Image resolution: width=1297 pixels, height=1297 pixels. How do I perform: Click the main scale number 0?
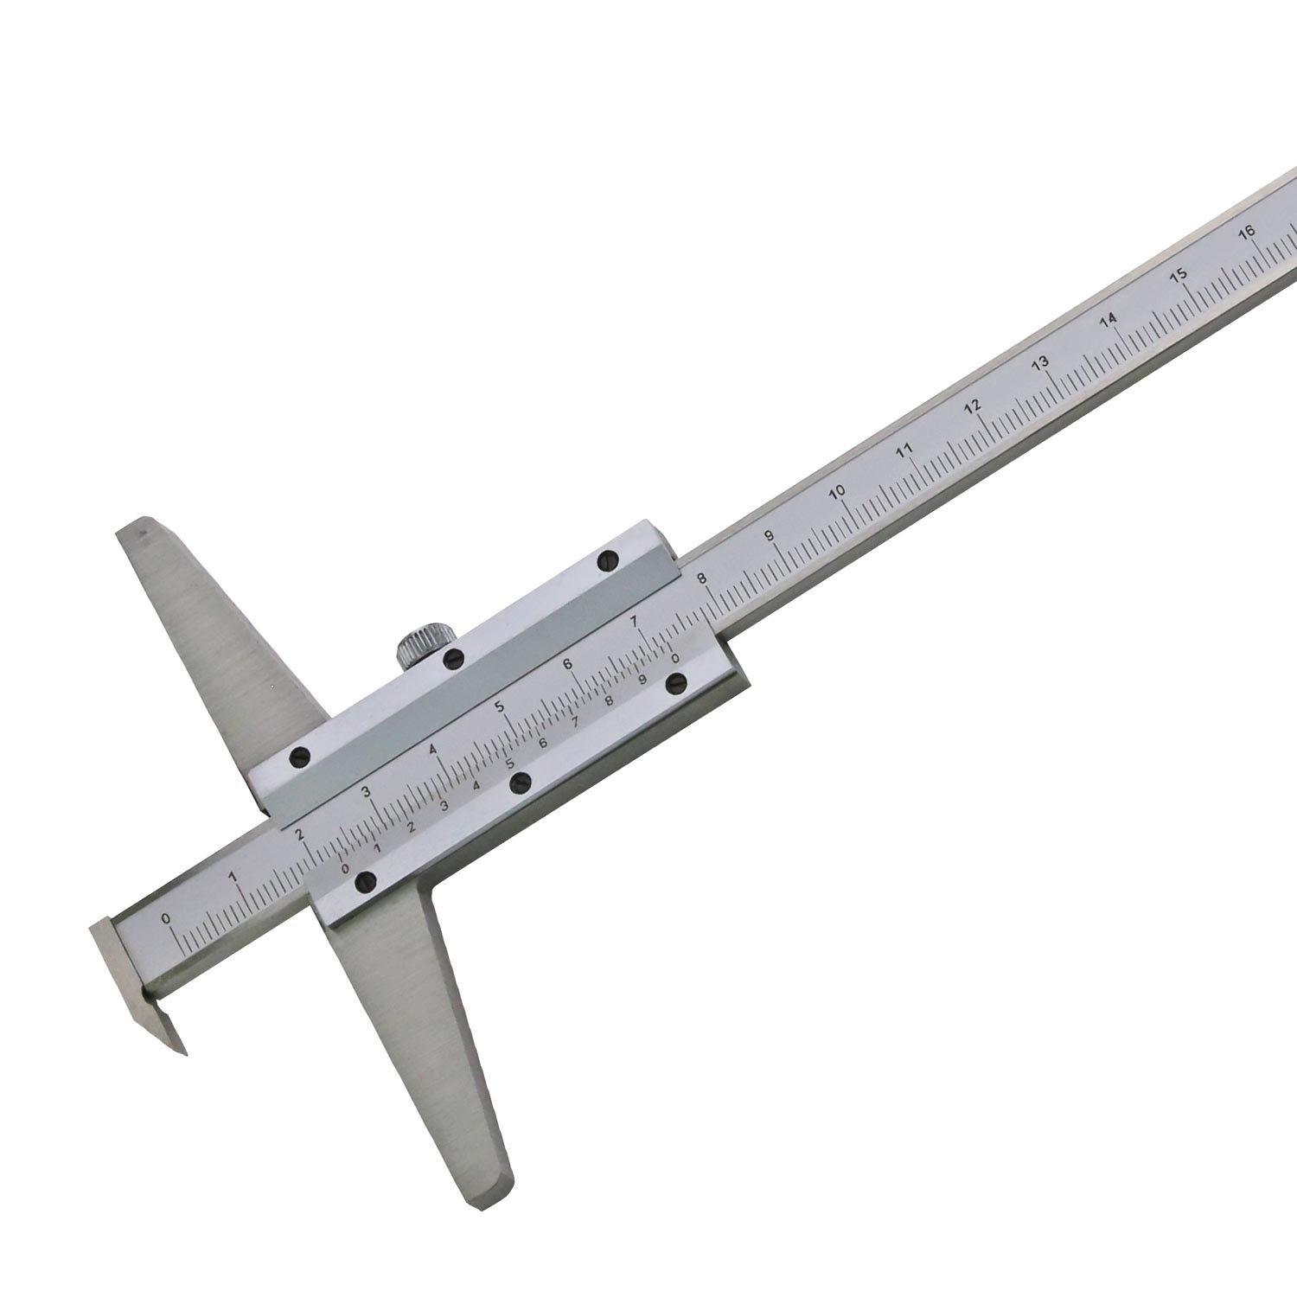coord(166,917)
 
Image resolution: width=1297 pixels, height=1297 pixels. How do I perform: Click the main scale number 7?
coord(635,621)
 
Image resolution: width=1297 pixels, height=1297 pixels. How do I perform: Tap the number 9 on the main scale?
coord(770,536)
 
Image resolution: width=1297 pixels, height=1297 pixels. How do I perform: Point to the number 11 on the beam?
coord(904,450)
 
